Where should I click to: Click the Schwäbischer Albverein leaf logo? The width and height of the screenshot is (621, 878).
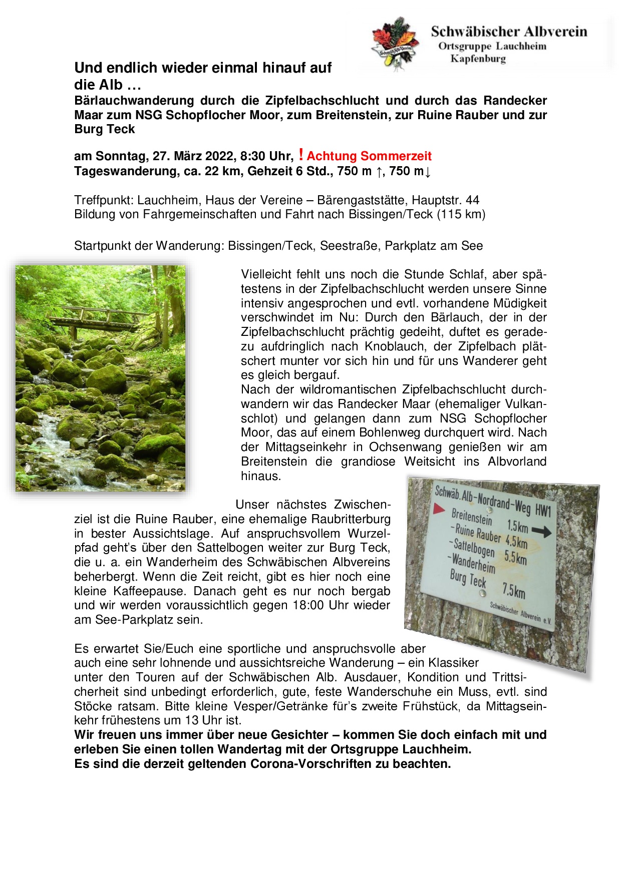[x=395, y=43]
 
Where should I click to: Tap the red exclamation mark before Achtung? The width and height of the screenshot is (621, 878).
[x=300, y=155]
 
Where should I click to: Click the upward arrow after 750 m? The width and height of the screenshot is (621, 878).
[x=380, y=172]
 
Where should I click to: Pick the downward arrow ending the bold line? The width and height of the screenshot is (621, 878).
[x=428, y=172]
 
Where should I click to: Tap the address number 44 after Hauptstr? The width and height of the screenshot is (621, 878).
[x=472, y=200]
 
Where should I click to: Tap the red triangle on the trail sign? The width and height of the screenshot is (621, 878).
[x=439, y=509]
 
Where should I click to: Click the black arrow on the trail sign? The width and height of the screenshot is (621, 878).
[x=541, y=531]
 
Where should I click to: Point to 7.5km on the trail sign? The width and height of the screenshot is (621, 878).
[x=514, y=591]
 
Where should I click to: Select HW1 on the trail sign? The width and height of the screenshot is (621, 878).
[x=542, y=510]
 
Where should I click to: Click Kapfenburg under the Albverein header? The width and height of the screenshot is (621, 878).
[x=478, y=59]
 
